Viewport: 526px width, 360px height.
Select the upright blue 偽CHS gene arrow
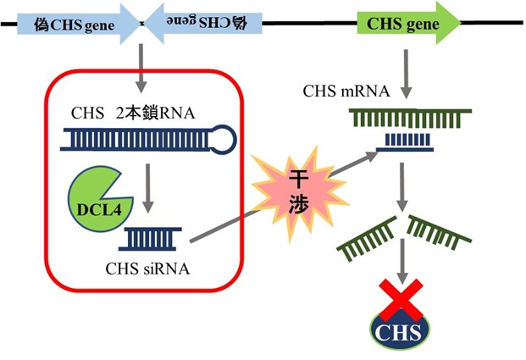(x=76, y=25)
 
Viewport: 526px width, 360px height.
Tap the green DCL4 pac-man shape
(x=95, y=197)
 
